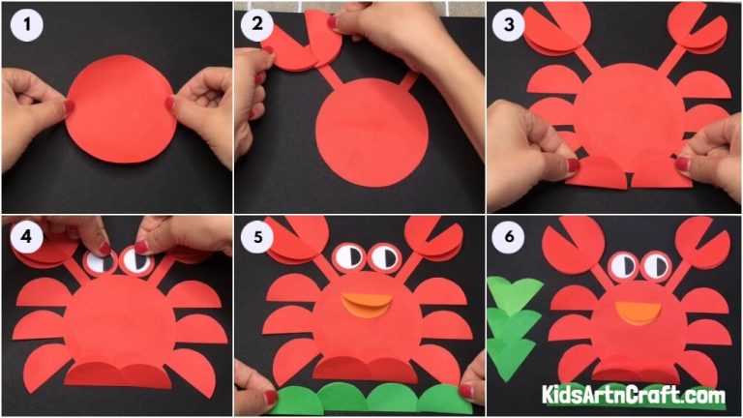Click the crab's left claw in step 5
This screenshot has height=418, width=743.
pos(294,240)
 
